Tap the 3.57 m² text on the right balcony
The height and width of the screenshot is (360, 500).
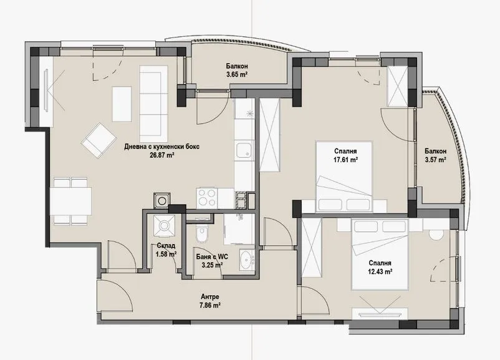coord(435,160)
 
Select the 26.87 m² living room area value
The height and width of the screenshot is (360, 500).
coord(161,156)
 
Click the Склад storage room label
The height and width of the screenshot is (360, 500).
coord(165,246)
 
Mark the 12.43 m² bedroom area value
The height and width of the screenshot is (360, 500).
coord(379,271)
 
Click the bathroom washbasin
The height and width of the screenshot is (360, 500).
coord(246,260)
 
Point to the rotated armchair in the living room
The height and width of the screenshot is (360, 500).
coord(99,140)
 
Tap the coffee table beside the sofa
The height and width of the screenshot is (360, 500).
coord(121,104)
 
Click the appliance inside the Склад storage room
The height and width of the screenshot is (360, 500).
coord(166,225)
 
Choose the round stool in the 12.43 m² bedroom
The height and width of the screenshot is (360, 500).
coord(436,233)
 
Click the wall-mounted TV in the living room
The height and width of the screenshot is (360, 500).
coord(47,90)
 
